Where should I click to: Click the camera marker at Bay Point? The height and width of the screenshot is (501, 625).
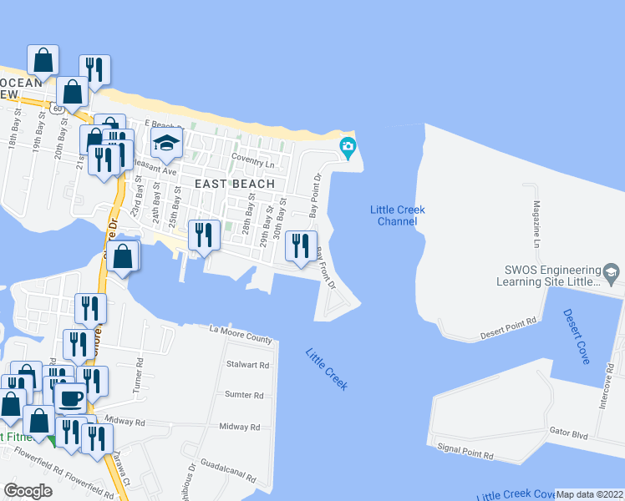point(348,149)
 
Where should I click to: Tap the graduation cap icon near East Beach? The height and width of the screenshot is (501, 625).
point(166,144)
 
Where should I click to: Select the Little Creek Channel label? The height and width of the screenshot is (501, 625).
point(397,215)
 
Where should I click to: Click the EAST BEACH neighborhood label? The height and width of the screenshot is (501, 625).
point(235,184)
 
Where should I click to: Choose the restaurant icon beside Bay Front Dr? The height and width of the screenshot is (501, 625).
point(301,245)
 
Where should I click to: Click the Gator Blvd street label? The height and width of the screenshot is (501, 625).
point(571,436)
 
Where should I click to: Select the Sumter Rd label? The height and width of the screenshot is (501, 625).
point(244,395)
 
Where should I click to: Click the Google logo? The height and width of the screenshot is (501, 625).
point(28,491)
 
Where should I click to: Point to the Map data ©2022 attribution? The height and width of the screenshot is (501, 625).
point(590,494)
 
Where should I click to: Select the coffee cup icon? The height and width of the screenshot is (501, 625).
point(70,397)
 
